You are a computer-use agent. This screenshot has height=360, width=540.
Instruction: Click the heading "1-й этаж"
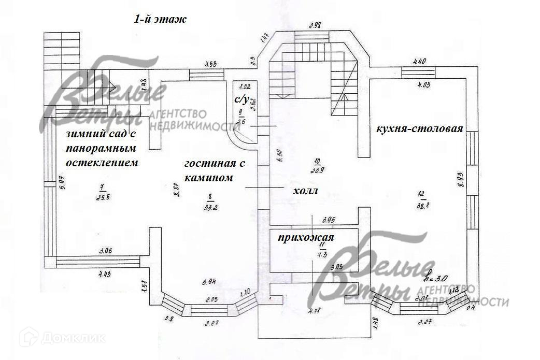[160, 20]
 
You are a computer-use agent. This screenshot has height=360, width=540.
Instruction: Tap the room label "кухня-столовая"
[419, 128]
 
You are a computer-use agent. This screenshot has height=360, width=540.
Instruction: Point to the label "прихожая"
[305, 238]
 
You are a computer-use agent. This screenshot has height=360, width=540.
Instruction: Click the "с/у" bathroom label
[243, 98]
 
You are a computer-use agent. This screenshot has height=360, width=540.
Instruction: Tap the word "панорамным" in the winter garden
[101, 148]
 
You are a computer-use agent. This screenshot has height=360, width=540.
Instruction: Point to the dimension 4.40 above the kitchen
[418, 62]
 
